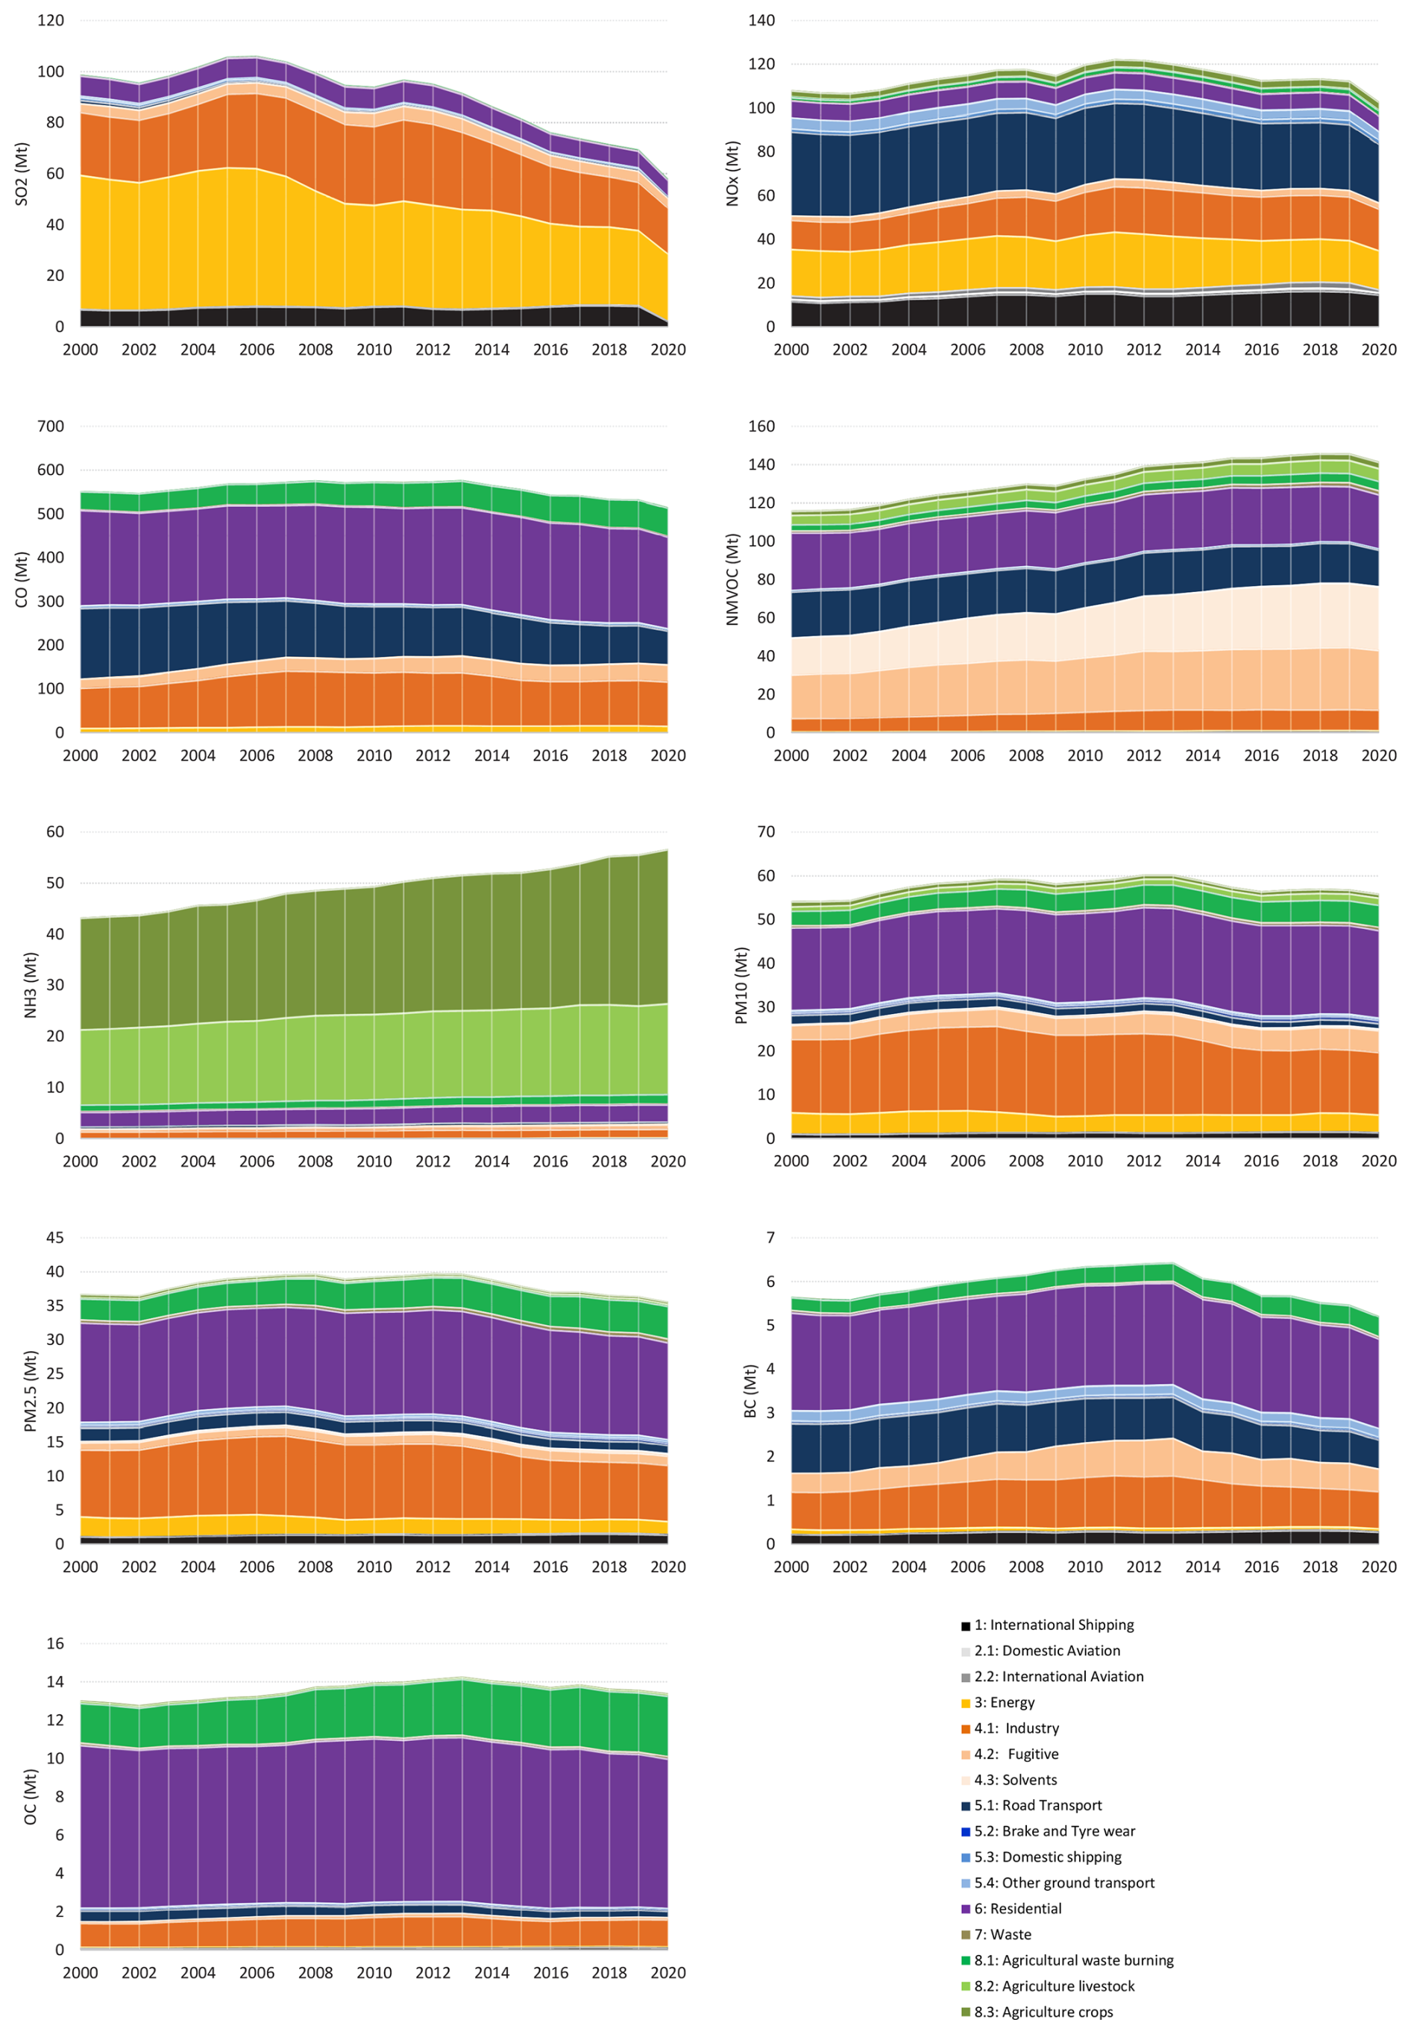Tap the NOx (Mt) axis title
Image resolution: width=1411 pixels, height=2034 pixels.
(x=732, y=174)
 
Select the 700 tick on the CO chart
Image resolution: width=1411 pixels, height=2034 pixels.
(x=51, y=426)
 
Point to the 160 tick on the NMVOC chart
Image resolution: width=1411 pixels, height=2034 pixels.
(x=761, y=426)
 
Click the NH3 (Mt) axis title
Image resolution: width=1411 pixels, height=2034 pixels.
(x=30, y=985)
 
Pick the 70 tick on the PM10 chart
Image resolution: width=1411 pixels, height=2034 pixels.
(x=766, y=832)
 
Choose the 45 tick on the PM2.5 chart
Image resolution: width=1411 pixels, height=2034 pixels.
(x=54, y=1238)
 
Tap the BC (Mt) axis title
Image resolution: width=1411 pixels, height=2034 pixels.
(x=750, y=1391)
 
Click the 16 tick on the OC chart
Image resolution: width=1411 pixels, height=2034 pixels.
(x=54, y=1643)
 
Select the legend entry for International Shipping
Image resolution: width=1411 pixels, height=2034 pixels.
(x=1053, y=1625)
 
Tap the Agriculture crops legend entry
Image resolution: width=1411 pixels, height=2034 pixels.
(x=1043, y=2012)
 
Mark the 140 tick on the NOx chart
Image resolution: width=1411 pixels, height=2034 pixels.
(x=761, y=20)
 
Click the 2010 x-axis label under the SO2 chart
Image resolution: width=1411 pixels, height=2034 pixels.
(x=374, y=350)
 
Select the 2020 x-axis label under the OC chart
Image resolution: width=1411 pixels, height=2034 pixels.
(x=667, y=1973)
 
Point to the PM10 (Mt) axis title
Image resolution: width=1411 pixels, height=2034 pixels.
(x=741, y=986)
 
